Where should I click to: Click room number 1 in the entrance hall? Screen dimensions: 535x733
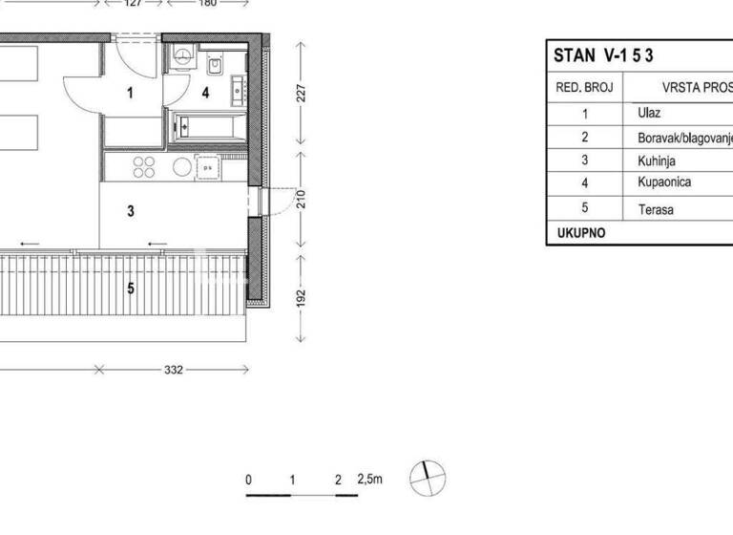click(x=132, y=93)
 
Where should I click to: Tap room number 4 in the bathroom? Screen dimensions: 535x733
click(x=205, y=93)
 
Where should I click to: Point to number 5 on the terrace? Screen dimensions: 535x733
click(x=132, y=286)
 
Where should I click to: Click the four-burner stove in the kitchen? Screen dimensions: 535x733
click(x=144, y=167)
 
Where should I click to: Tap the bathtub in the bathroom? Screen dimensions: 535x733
click(x=207, y=127)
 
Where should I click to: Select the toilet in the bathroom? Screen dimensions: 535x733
click(x=215, y=65)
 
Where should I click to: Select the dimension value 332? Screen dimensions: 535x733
click(x=173, y=369)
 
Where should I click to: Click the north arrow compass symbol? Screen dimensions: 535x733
click(x=428, y=476)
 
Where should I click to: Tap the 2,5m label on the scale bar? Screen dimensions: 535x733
click(x=369, y=481)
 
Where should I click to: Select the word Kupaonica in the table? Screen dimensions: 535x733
click(x=663, y=182)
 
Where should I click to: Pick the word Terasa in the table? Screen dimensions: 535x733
click(x=656, y=207)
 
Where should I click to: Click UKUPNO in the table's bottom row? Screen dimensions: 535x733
click(x=580, y=232)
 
